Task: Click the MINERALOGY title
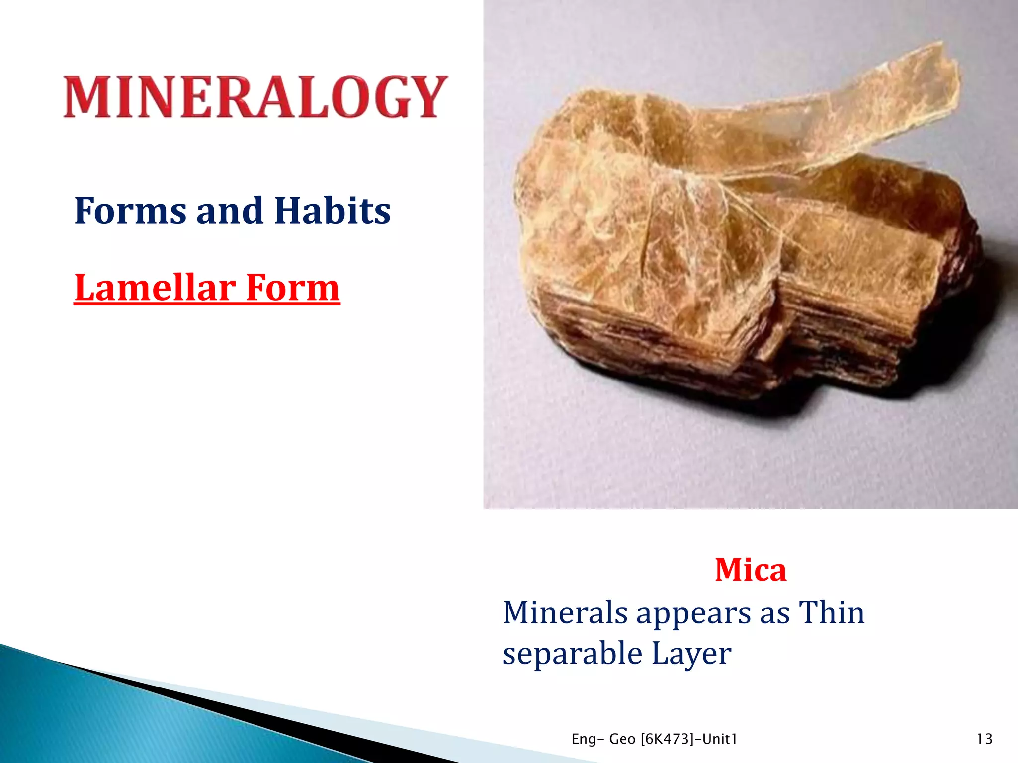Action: coord(255,97)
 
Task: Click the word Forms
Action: coord(130,211)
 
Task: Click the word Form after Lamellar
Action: coord(293,288)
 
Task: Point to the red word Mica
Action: coord(750,570)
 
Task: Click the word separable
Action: coord(572,654)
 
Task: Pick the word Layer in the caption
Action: coord(691,654)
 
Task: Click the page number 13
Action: coord(984,739)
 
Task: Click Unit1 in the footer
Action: coord(720,739)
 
